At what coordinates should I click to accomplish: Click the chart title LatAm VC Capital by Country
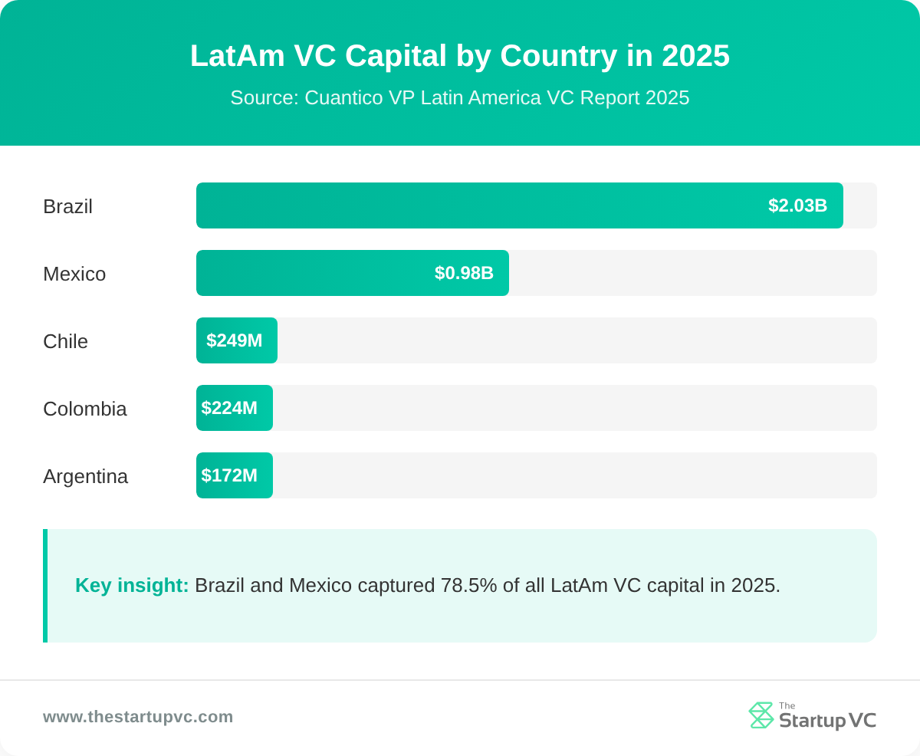[460, 56]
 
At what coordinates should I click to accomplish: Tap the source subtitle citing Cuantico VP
[460, 98]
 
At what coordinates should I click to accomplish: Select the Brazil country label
[67, 206]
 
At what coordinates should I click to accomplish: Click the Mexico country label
[74, 274]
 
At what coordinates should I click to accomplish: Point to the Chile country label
[65, 341]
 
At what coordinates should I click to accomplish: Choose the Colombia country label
[84, 409]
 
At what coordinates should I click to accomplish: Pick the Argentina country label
[85, 476]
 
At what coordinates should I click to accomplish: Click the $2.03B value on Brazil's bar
[797, 205]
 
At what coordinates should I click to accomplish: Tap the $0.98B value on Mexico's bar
[464, 273]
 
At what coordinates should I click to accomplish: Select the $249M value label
[234, 340]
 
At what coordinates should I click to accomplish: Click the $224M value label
[229, 408]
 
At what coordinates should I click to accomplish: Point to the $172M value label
[229, 475]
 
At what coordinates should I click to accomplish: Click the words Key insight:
[132, 585]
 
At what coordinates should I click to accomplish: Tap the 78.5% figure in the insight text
[468, 585]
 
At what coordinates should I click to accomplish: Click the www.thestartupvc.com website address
[138, 717]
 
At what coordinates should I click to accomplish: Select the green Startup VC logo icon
[761, 715]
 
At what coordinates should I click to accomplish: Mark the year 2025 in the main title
[695, 56]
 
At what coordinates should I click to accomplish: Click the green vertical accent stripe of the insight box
[45, 586]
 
